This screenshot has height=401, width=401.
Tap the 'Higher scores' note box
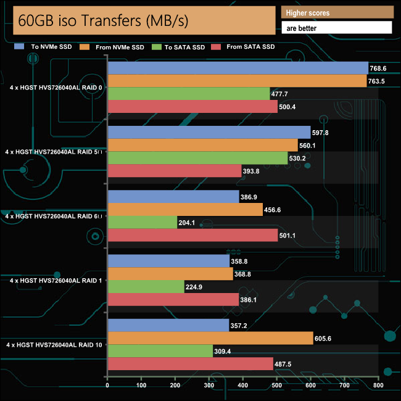pos(336,13)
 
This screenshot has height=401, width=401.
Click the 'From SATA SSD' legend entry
pos(245,47)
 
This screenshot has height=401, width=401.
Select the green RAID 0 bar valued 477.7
pos(189,94)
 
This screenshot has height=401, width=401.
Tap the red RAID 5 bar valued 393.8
pos(175,171)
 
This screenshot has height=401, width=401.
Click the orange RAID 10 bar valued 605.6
pos(210,338)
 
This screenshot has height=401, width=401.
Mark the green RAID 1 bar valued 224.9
pos(146,287)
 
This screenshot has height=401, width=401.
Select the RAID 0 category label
pos(56,88)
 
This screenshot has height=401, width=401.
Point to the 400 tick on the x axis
pos(243,386)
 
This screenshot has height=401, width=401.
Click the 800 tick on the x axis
pos(378,386)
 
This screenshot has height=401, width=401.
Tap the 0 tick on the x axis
pos(108,386)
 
